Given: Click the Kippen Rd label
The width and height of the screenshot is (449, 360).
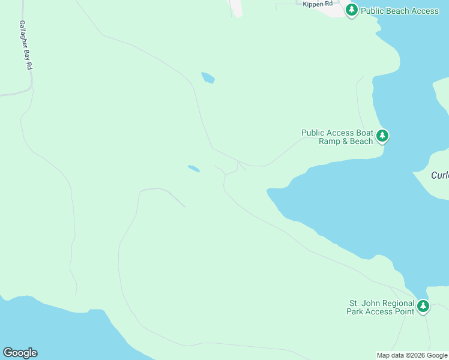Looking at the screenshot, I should tap(318, 4).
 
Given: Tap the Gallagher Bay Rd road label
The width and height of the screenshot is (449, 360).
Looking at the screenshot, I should tap(25, 46).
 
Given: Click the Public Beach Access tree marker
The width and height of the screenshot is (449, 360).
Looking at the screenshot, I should tap(352, 10).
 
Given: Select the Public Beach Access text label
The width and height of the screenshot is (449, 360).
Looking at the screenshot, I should tap(400, 11).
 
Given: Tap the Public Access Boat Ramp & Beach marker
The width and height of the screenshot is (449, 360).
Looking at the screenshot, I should tap(382, 136).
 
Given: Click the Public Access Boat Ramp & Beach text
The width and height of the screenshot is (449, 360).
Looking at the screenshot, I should tap(337, 137).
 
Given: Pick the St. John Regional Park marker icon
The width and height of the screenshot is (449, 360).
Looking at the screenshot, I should tap(424, 307).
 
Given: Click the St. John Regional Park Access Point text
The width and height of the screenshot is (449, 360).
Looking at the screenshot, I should tap(381, 307).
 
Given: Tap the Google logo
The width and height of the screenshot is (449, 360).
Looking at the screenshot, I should tap(20, 353).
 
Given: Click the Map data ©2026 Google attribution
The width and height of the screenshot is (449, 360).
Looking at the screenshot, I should tap(412, 355).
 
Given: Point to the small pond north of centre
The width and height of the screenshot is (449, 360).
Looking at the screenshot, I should tap(208, 77).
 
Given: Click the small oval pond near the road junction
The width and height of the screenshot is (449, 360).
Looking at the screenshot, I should tap(193, 169).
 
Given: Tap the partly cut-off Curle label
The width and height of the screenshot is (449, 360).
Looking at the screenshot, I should tap(440, 175).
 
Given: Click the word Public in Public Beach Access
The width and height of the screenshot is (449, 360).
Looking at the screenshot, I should tap(374, 11).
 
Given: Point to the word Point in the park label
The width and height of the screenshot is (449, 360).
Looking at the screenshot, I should tap(404, 311).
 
